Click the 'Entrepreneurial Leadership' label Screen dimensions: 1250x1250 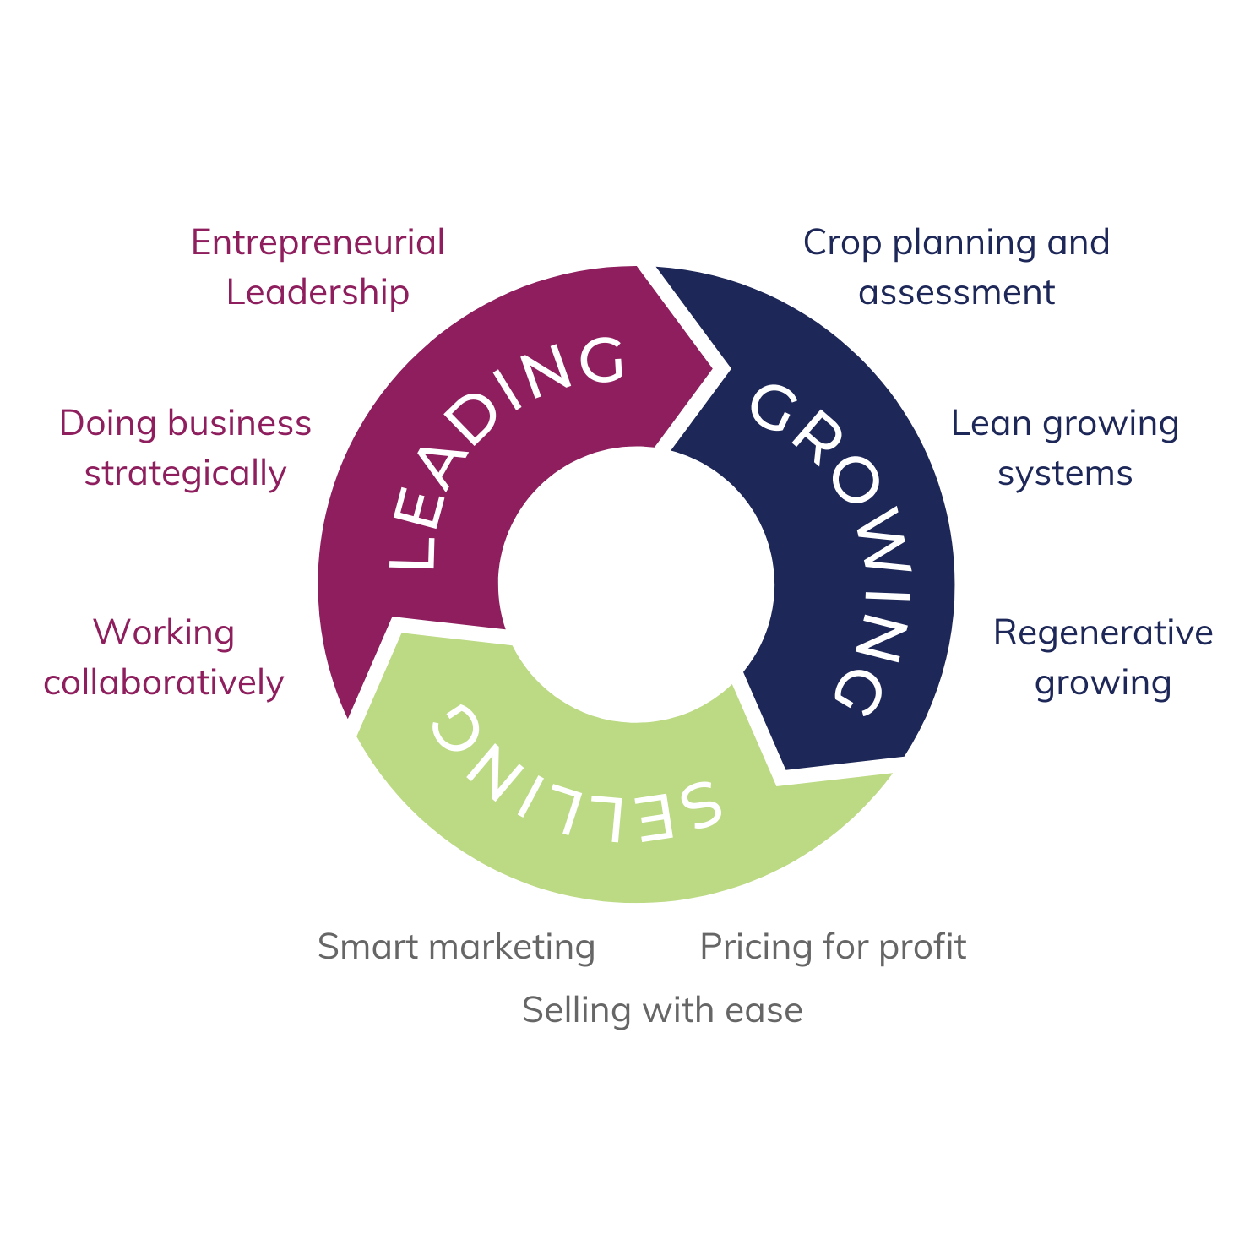click(x=318, y=267)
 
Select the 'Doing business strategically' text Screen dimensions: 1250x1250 click(x=185, y=448)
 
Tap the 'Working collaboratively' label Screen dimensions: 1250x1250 click(x=164, y=657)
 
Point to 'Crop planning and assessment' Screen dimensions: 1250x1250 click(x=956, y=267)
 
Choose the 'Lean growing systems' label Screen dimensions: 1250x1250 click(x=1064, y=448)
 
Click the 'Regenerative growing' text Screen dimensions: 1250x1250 click(x=1102, y=657)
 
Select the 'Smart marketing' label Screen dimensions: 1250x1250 click(x=456, y=947)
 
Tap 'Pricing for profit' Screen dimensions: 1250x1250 click(x=833, y=947)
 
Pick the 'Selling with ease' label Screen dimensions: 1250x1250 click(x=662, y=1010)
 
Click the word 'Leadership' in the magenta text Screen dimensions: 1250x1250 click(x=318, y=292)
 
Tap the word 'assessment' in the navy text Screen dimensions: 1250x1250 click(x=956, y=292)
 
